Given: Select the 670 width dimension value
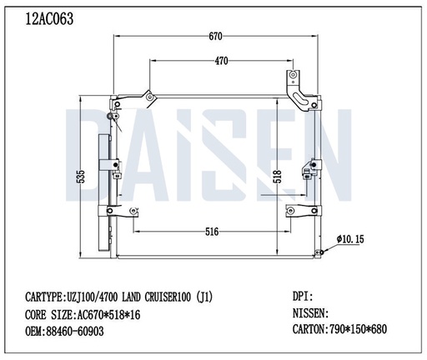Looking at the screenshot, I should (x=215, y=36).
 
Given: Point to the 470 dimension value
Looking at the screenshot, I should (x=222, y=61).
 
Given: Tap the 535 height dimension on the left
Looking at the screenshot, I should (x=82, y=177).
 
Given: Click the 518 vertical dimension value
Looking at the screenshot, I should (x=276, y=177).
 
